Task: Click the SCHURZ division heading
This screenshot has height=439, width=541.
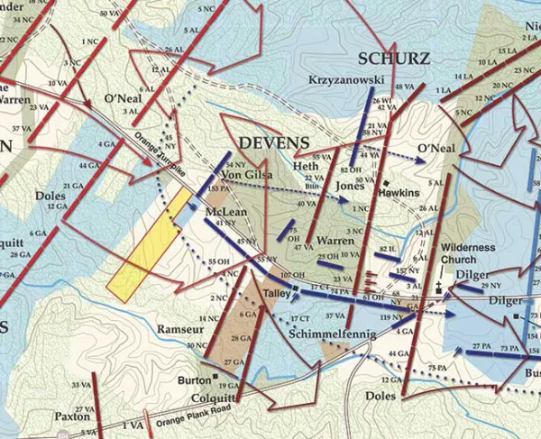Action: coord(394,59)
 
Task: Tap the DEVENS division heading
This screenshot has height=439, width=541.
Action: coord(274,143)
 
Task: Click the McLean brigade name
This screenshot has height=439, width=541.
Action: coord(224,211)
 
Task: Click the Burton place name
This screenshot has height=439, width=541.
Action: coord(194,380)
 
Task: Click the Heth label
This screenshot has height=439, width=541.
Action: coord(308,167)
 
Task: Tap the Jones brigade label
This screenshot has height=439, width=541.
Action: coord(350,186)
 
